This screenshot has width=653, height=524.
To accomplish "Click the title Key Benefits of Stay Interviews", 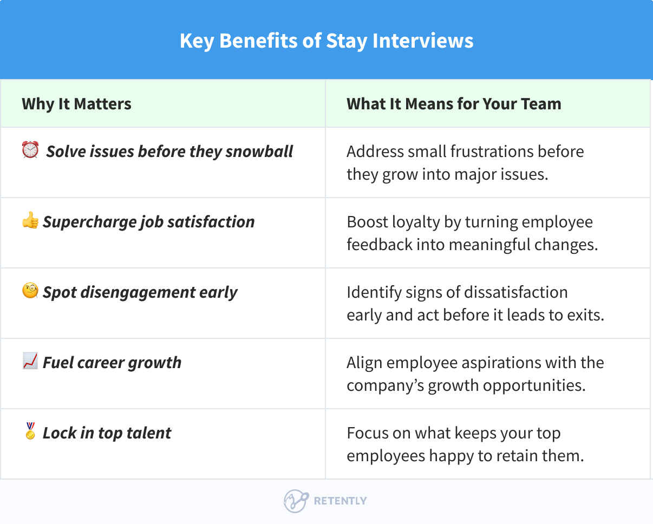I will click(326, 41).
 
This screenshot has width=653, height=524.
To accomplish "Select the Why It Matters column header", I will click(76, 104).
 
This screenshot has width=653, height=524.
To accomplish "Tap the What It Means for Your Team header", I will click(454, 104).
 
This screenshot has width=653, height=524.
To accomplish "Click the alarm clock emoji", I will click(30, 150).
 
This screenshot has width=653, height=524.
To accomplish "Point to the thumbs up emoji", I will click(30, 220).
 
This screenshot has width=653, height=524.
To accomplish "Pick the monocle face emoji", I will click(30, 291).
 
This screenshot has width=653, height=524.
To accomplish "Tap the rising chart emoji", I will click(30, 361).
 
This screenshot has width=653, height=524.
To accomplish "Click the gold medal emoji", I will click(30, 432).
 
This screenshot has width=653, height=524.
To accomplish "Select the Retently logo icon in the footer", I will click(296, 501).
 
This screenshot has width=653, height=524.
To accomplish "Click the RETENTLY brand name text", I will click(340, 501).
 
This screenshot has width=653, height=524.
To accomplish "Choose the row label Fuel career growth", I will click(112, 363).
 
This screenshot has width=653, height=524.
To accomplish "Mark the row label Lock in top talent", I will click(107, 433).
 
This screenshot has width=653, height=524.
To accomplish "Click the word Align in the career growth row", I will click(365, 363).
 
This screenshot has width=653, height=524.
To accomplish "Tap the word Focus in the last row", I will click(367, 433).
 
